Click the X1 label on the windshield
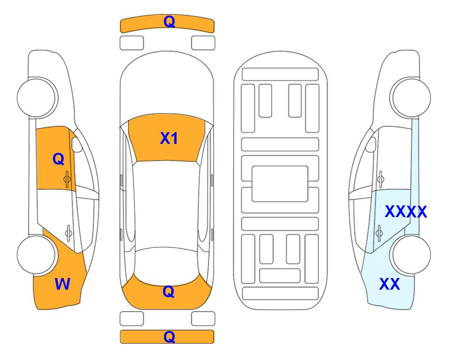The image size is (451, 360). pyautogui.click(x=169, y=138)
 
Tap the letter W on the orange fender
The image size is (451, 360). pyautogui.click(x=62, y=284)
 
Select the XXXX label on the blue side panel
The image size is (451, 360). pyautogui.click(x=406, y=212)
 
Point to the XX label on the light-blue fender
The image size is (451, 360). pyautogui.click(x=390, y=284)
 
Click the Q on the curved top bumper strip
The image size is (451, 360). pyautogui.click(x=169, y=22)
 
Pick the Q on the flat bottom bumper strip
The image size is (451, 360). pyautogui.click(x=169, y=337)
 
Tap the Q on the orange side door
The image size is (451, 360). pyautogui.click(x=59, y=159)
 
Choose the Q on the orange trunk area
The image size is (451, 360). pyautogui.click(x=169, y=292)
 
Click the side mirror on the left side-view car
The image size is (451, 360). pyautogui.click(x=77, y=144)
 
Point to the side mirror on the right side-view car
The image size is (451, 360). pyautogui.click(x=371, y=144)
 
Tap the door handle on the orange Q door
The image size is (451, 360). pyautogui.click(x=67, y=179)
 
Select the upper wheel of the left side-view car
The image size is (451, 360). pyautogui.click(x=37, y=97)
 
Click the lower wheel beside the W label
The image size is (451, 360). pyautogui.click(x=37, y=255)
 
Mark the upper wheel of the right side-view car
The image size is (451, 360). pyautogui.click(x=410, y=97)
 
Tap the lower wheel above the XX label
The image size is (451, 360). pyautogui.click(x=410, y=255)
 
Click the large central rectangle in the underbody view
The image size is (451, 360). pyautogui.click(x=280, y=184)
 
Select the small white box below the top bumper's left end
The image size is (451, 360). pyautogui.click(x=132, y=43)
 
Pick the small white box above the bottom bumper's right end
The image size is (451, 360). pyautogui.click(x=203, y=319)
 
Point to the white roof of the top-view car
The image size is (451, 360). pyautogui.click(x=167, y=205)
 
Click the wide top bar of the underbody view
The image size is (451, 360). pyautogui.click(x=280, y=75)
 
